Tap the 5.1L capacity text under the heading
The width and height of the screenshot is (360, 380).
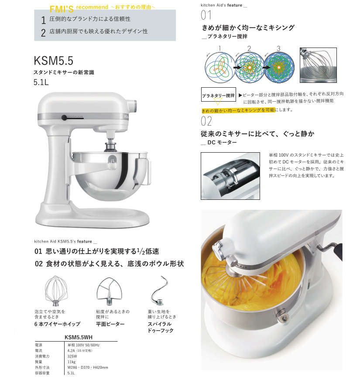click(42, 82)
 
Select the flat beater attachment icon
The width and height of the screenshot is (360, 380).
click(107, 290)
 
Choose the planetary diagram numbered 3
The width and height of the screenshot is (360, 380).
click(278, 67)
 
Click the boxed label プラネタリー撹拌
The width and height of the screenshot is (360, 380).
click(218, 95)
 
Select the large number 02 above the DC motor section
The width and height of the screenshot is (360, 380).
click(206, 121)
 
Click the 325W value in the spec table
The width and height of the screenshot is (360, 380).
click(72, 356)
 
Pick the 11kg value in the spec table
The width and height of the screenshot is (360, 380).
click(71, 362)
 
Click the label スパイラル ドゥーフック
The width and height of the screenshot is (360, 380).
click(161, 327)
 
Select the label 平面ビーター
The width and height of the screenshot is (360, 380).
click(110, 324)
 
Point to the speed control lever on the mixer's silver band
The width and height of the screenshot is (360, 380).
click(64, 117)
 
